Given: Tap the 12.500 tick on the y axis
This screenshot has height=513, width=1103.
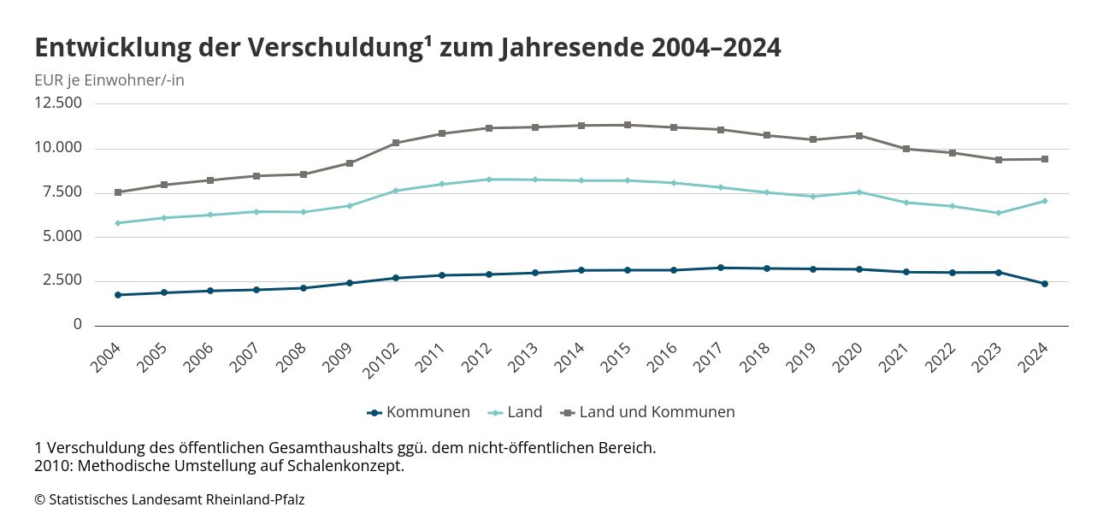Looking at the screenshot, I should pos(58,103).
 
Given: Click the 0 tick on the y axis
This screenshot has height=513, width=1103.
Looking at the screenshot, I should pos(78,325).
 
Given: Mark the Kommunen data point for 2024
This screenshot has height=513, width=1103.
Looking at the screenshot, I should pos(1044,284).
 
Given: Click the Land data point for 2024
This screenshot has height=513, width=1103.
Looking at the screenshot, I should pos(1044,201).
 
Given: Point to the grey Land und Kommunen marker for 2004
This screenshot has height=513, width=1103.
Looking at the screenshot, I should pos(118,192).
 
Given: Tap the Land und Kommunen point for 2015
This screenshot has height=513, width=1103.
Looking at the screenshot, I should pos(628,125).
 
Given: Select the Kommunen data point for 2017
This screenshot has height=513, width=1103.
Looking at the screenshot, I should pos(720,268).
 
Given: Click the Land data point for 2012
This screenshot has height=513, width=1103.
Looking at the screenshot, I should pos(488,180).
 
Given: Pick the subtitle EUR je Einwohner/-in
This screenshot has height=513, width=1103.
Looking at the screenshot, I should pos(109,80).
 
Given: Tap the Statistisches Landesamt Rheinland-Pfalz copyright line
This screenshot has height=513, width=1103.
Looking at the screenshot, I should pos(169,499).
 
